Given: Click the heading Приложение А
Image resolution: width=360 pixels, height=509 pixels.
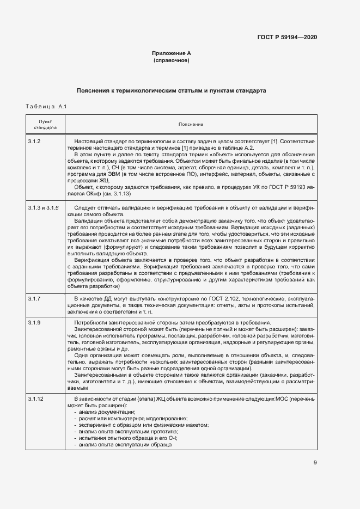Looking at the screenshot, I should click(x=171, y=53).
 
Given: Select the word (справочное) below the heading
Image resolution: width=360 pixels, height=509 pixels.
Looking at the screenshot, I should click(x=171, y=60).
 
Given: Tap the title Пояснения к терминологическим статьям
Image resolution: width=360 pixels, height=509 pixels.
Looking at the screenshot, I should click(x=171, y=90).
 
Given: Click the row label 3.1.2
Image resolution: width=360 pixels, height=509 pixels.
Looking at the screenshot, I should click(x=34, y=142).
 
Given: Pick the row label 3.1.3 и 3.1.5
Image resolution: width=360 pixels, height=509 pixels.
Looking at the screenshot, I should click(x=42, y=208).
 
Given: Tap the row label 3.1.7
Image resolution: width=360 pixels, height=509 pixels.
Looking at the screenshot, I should click(x=34, y=299).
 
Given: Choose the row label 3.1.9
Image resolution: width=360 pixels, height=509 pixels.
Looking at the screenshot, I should click(x=34, y=323).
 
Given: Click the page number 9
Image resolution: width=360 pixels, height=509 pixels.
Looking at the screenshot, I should click(x=315, y=463).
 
